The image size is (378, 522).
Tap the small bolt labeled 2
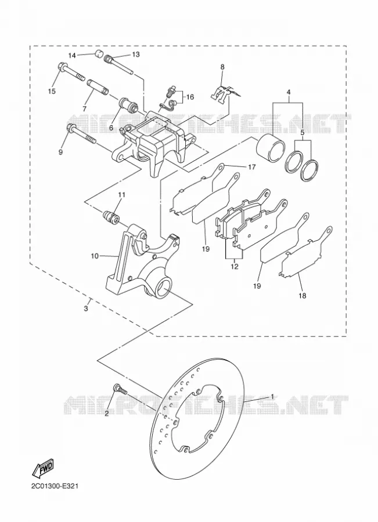tap(120, 389)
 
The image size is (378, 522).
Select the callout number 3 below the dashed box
tap(86, 309)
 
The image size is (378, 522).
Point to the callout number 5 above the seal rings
tap(303, 132)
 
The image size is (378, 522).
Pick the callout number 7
tap(84, 109)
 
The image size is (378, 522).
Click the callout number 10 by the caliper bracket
tap(95, 256)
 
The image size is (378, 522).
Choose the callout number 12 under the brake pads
tap(235, 266)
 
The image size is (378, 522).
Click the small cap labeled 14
tap(98, 53)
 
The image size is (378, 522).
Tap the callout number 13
tap(136, 55)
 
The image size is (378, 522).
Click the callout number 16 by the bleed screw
tap(190, 97)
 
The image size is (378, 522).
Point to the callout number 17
tap(251, 167)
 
